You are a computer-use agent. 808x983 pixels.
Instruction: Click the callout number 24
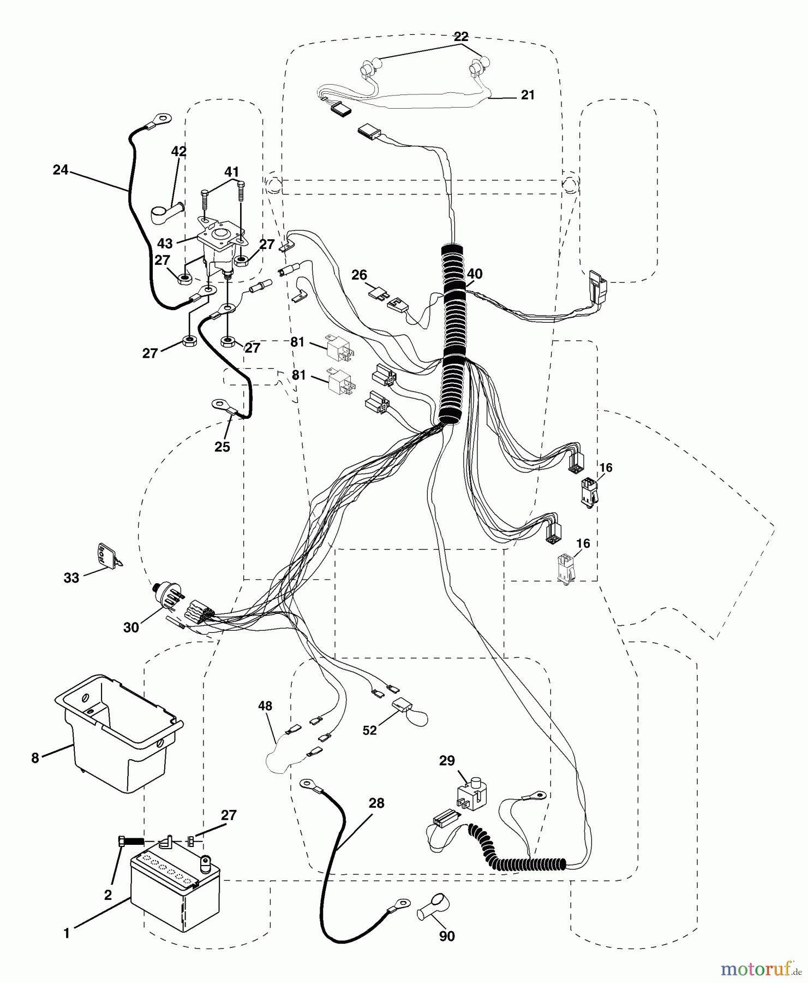coord(60,170)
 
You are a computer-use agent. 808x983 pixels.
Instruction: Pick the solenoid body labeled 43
coord(221,246)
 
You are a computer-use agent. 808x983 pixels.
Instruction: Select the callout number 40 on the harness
coord(475,274)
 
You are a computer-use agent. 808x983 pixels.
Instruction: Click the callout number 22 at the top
coord(461,37)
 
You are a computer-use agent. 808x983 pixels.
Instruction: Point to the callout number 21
coord(528,95)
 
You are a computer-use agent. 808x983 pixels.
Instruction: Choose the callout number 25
coord(222,447)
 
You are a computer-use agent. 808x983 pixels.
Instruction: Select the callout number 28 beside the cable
coord(376,803)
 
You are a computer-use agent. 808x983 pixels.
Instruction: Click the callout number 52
coord(370,730)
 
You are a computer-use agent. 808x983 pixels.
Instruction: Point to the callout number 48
coord(265,706)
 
